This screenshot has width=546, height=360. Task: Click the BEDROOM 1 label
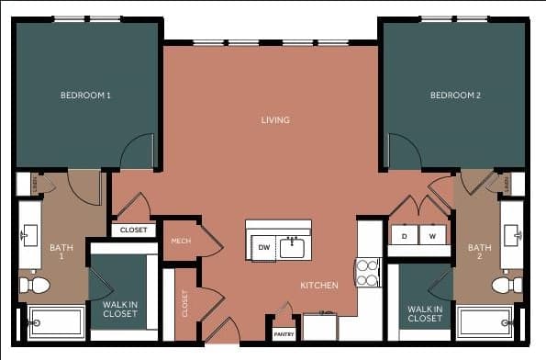click(x=85, y=96)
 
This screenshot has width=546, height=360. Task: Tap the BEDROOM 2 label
click(x=455, y=96)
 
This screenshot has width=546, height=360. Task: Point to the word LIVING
click(x=275, y=120)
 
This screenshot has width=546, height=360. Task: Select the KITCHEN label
click(x=319, y=286)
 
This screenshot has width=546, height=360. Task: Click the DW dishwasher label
click(x=263, y=248)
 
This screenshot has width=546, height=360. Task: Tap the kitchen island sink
click(x=293, y=247)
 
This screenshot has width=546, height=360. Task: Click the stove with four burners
click(x=368, y=273)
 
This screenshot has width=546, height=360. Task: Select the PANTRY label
click(x=284, y=334)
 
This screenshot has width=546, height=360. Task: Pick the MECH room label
click(x=181, y=241)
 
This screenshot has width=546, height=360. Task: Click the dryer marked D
click(x=404, y=237)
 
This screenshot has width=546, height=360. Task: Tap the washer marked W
click(x=432, y=237)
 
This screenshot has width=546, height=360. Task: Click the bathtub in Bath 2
click(x=486, y=322)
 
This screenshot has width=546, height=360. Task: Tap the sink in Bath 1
click(x=29, y=236)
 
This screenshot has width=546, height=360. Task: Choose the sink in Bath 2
click(x=512, y=236)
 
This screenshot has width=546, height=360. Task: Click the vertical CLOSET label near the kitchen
click(x=185, y=302)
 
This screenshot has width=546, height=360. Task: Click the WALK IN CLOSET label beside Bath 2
click(x=425, y=314)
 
